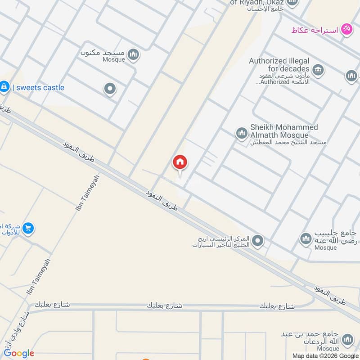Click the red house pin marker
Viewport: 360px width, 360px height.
pos(180,162)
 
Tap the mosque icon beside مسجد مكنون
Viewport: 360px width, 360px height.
pos(133,55)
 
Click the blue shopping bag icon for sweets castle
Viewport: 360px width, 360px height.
pos(4,87)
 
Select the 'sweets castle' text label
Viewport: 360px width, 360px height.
pos(40,88)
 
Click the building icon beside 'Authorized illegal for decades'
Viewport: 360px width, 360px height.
pos(318,69)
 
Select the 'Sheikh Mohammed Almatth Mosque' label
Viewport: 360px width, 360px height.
pos(283,131)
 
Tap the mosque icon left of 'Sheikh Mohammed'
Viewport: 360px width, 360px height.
pos(242,133)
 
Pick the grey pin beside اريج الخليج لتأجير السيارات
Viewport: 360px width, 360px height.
pos(257,241)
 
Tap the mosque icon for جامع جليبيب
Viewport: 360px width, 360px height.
pos(306,238)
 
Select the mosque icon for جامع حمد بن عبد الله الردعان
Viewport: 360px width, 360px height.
pos(347,340)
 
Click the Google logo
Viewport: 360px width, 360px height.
pos(19,353)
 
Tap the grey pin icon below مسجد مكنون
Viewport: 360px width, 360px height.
pos(110,89)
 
